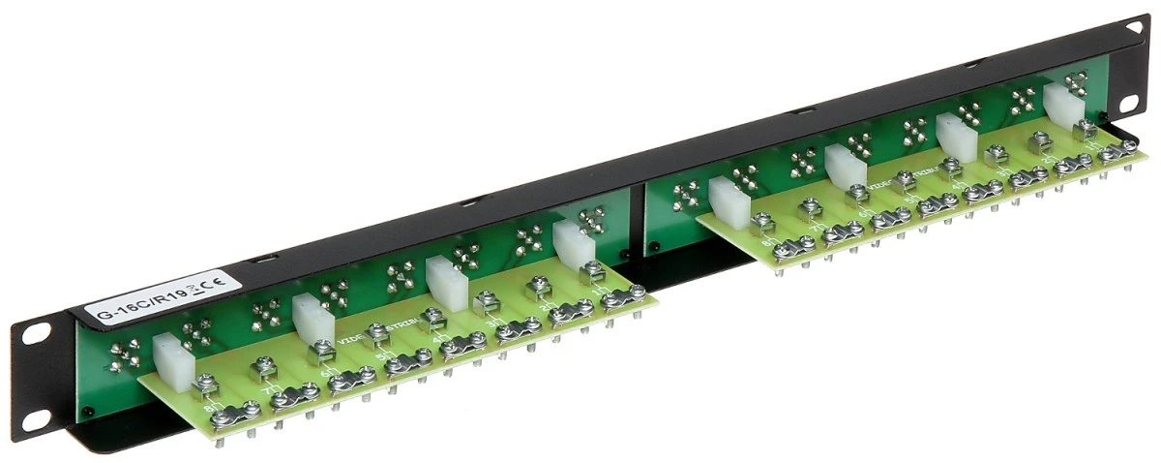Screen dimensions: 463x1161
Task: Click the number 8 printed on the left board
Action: (206, 409)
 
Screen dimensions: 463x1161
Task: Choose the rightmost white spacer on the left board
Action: (575, 241)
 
